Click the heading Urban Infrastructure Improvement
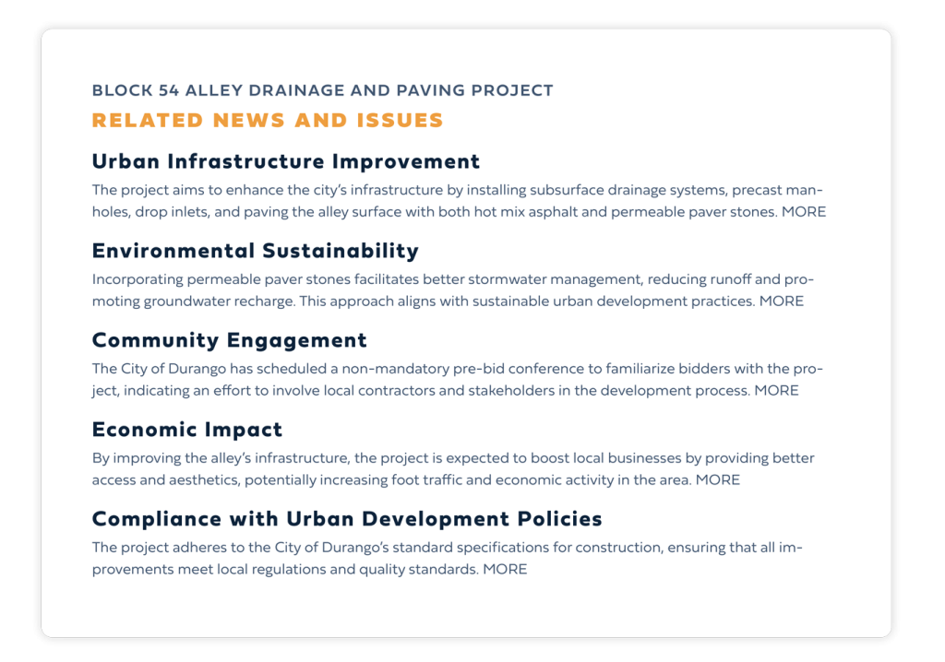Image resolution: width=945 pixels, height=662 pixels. coord(286,161)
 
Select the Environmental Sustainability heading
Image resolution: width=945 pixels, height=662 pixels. coord(256,251)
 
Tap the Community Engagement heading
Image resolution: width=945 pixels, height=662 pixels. coord(230,340)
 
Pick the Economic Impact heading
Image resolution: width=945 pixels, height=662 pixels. coord(187,430)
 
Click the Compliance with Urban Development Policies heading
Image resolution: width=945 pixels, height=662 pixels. coord(347,519)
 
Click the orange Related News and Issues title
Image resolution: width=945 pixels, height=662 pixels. coord(268,121)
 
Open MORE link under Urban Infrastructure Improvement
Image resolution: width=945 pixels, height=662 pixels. coord(804,212)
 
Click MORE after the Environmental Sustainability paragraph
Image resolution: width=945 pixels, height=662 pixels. coord(782,301)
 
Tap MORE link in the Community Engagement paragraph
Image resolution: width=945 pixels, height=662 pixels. coord(776,391)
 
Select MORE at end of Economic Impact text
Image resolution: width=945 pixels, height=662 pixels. coord(718,480)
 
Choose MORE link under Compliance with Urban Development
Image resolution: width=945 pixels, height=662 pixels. coord(505,570)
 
